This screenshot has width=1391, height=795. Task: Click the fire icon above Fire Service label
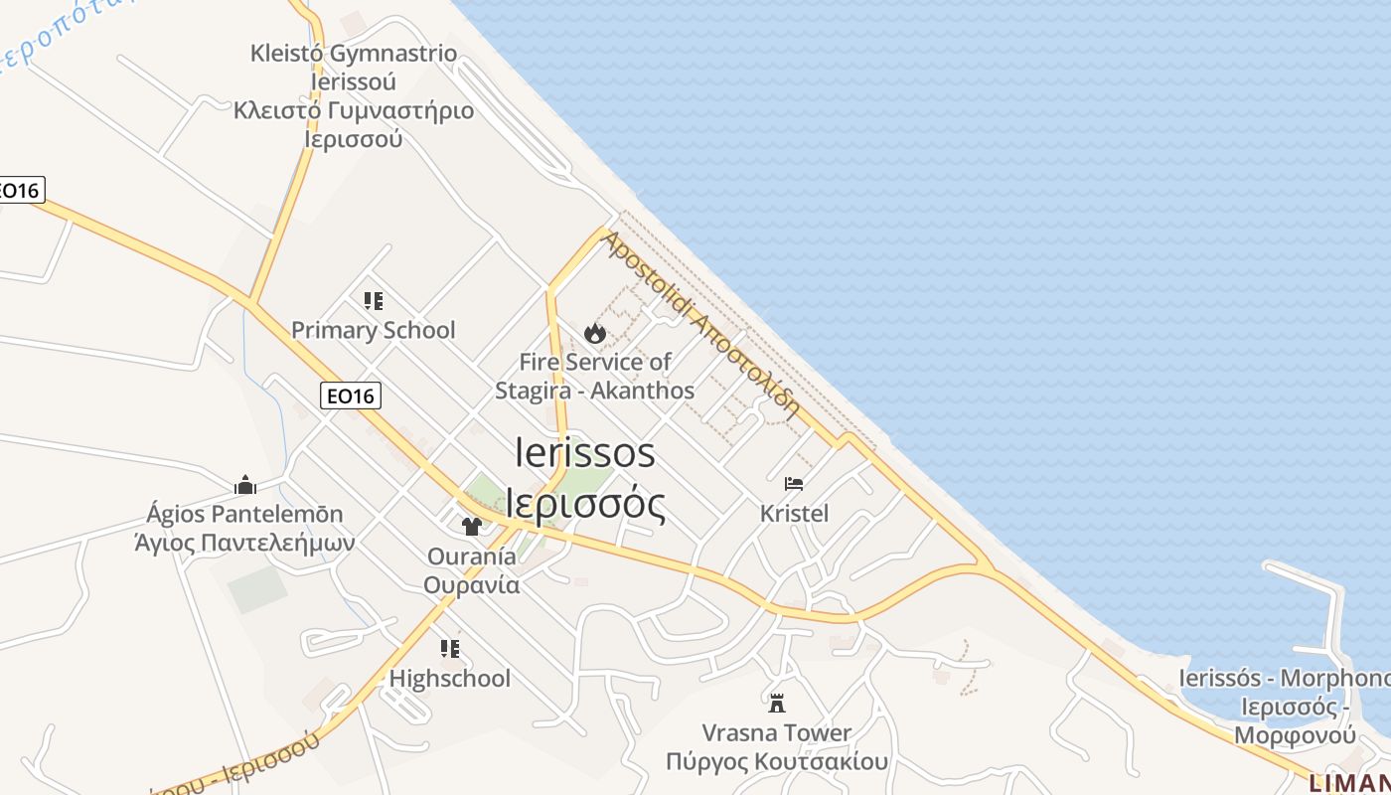coord(595,333)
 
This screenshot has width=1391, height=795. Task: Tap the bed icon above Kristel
coord(794,484)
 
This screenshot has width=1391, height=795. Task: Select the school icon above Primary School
coord(374,300)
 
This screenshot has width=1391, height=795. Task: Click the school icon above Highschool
coord(450,649)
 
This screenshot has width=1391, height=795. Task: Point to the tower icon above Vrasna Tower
coord(777,704)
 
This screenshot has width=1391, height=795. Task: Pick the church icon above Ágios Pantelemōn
coord(245,485)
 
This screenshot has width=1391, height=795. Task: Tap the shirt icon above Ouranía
coord(472,526)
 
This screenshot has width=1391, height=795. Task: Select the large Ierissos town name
coord(585,453)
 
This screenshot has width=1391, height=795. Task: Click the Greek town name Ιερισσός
coord(585,504)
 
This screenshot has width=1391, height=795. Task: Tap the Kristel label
coord(794,514)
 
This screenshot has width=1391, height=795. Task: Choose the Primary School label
coord(374,330)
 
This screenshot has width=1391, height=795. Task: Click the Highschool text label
coord(450,679)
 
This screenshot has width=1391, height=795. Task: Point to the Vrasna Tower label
coord(777,733)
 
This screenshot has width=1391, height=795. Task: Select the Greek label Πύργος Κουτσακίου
coord(777,762)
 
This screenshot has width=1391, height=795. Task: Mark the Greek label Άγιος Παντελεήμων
coord(245,543)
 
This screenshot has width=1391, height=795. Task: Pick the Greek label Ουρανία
coord(472,584)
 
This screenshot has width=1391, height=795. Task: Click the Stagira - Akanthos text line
coord(595,391)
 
